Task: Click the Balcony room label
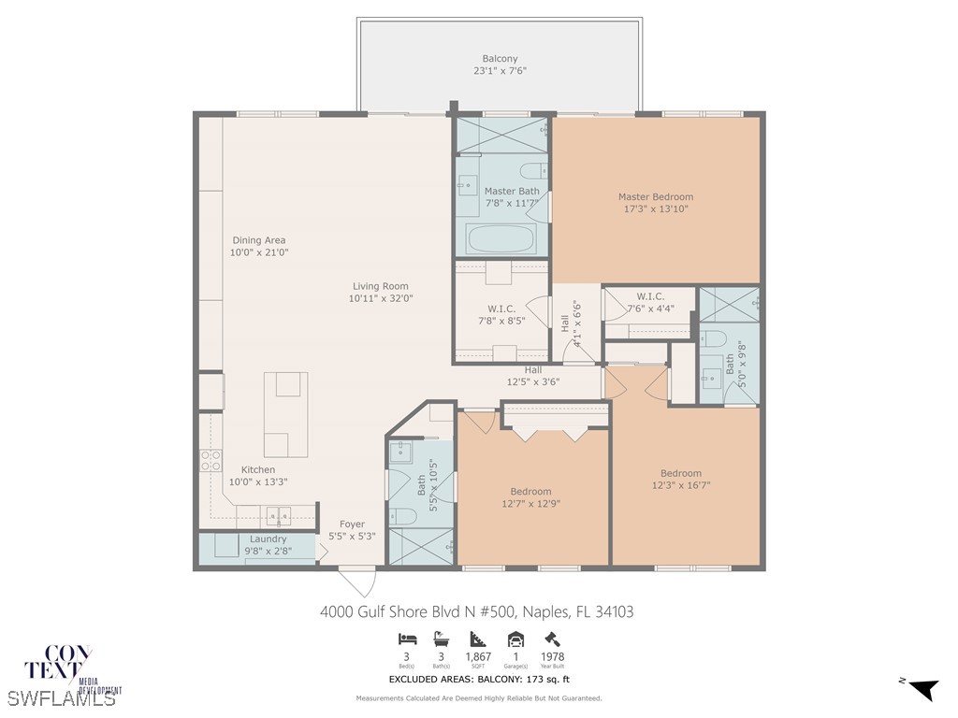tap(500, 59)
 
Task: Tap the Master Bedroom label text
tap(655, 197)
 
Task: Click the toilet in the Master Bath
tap(533, 171)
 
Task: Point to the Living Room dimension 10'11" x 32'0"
tap(381, 299)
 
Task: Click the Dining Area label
tap(259, 240)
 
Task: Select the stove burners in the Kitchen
tap(210, 459)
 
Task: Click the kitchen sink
tap(277, 515)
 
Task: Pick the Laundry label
tap(269, 539)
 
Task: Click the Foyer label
tap(352, 524)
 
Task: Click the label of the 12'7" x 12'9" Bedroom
tap(530, 492)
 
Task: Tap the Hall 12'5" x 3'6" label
tap(532, 370)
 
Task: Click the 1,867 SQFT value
tap(478, 657)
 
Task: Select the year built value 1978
tap(551, 657)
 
